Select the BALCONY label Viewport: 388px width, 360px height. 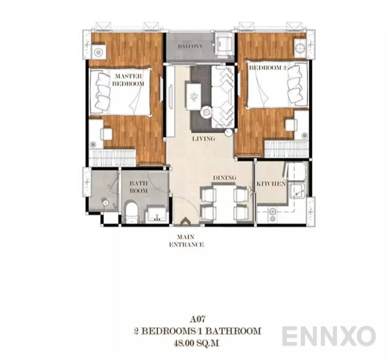click(190, 46)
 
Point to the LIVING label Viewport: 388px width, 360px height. click(203, 139)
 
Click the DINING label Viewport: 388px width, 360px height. click(224, 178)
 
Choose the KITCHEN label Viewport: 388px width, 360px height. click(271, 184)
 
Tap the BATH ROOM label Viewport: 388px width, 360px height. click(138, 187)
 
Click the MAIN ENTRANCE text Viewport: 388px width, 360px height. click(186, 241)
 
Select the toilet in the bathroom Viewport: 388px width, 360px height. click(132, 212)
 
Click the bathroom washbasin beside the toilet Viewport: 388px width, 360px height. click(155, 214)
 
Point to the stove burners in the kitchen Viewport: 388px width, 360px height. click(272, 212)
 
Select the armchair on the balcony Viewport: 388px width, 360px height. click(224, 44)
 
